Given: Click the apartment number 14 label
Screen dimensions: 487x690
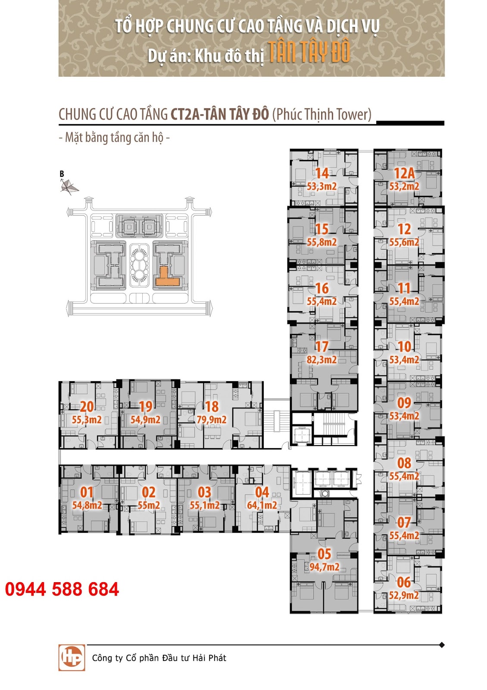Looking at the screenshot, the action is (x=322, y=173).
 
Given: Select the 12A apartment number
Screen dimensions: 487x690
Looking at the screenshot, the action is (x=404, y=173).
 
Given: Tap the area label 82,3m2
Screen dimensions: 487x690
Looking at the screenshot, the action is (x=322, y=359).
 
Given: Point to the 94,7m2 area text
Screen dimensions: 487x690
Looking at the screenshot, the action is (x=324, y=567).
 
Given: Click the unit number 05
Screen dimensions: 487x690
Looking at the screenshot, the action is (x=324, y=554).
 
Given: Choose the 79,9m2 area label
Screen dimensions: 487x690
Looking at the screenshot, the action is (x=212, y=420).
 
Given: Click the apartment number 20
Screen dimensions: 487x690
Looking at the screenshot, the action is (x=87, y=406).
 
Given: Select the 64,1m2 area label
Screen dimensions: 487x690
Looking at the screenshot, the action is (x=262, y=505).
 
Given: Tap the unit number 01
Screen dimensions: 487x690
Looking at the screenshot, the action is (x=87, y=492).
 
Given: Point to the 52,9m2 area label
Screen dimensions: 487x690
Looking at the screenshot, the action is (x=404, y=595).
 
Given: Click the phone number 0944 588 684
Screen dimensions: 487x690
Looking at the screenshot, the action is (x=62, y=590).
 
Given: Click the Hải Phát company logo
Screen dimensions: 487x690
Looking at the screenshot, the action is (x=72, y=658).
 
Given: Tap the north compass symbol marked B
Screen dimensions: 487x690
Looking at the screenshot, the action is (x=69, y=186).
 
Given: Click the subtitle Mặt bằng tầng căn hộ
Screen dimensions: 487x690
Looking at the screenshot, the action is (x=114, y=138).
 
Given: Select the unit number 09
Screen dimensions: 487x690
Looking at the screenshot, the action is (x=404, y=403).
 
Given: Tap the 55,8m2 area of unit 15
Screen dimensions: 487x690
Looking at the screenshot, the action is (x=322, y=242).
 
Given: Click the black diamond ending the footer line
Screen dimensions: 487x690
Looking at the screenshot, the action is (x=441, y=645).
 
